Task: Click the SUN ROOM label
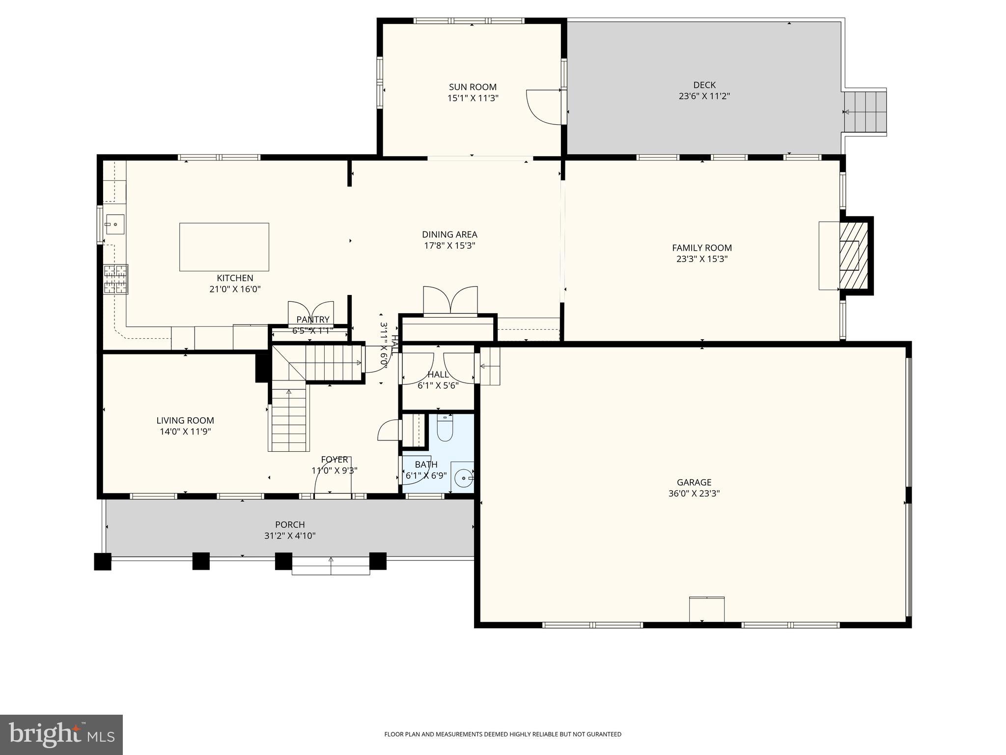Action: coord(473,87)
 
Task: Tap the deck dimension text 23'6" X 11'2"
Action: coord(704,96)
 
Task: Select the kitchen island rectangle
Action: coord(224,247)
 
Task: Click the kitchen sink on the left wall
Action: coord(114,225)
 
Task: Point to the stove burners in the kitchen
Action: coord(115,279)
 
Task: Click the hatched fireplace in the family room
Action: coord(854,256)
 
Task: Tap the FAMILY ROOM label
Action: coord(701,248)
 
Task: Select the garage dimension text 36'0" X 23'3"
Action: coord(694,494)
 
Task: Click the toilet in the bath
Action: coord(445,429)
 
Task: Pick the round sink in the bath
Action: coord(463,477)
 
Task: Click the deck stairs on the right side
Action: coord(866,112)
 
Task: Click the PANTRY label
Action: coord(313,320)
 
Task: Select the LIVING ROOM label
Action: coord(185,420)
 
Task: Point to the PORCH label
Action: coord(290,524)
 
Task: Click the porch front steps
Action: coord(331,566)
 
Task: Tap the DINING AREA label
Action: coord(449,234)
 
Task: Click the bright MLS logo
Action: coord(61,735)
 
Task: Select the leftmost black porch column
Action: coord(103,561)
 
